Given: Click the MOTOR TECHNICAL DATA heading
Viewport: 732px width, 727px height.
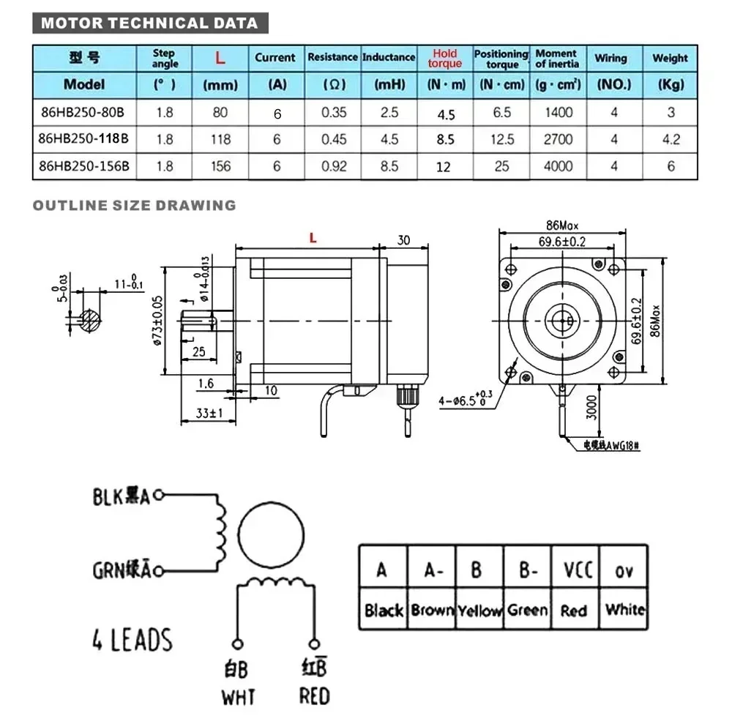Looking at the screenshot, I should tap(149, 23).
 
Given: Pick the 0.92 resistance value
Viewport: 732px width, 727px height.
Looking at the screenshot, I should tap(334, 166).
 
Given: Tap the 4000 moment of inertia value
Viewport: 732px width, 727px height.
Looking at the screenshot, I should tap(558, 166).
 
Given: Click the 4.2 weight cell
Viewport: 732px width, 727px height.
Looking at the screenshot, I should tap(671, 139).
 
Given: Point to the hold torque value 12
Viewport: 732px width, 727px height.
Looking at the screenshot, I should tap(444, 167).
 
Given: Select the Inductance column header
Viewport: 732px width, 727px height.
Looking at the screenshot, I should tap(389, 57).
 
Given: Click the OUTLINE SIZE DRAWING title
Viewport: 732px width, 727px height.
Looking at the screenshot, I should tap(134, 205).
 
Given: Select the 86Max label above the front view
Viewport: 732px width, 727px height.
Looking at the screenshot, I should tap(562, 225).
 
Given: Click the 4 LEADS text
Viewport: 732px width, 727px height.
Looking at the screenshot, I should tap(132, 639).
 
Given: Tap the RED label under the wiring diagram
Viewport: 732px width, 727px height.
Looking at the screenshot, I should tap(314, 695).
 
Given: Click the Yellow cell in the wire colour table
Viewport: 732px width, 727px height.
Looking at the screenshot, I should tap(479, 610).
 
